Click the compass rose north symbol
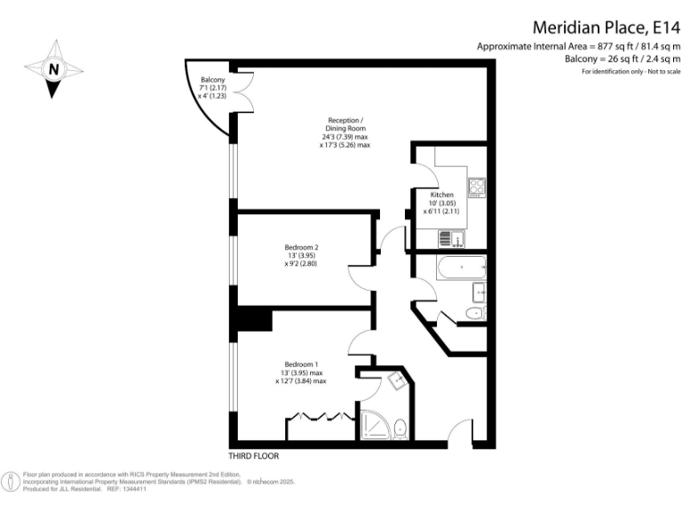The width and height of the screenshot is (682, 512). tap(55, 69)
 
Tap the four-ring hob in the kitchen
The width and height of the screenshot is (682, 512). tap(477, 188)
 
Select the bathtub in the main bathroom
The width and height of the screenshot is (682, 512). tap(461, 267)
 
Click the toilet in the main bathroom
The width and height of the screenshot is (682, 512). tap(475, 313)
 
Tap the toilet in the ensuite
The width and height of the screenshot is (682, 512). tap(400, 428)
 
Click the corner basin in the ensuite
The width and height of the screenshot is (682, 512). tap(396, 380)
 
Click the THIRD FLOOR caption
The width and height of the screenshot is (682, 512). tap(253, 456)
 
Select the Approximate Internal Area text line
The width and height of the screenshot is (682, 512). tap(578, 46)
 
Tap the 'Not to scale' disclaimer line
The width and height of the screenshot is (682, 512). tap(630, 71)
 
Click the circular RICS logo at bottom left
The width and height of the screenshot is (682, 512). tap(10, 482)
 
